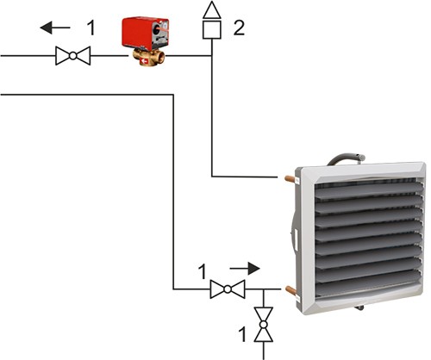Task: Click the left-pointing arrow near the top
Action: pyautogui.click(x=55, y=28)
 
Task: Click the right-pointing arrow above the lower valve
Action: pyautogui.click(x=245, y=269)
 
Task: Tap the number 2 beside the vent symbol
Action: pyautogui.click(x=239, y=28)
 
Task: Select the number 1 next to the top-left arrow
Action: pyautogui.click(x=91, y=28)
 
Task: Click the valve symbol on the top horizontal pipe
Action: pyautogui.click(x=73, y=56)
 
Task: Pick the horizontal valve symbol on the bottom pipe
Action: pyautogui.click(x=228, y=289)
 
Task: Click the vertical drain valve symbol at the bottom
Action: pyautogui.click(x=264, y=325)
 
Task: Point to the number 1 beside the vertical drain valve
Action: pyautogui.click(x=242, y=335)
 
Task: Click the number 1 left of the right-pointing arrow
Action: pyautogui.click(x=203, y=271)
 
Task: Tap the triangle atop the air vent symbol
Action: pyautogui.click(x=212, y=10)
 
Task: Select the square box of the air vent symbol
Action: pyautogui.click(x=212, y=29)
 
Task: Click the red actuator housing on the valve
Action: pyautogui.click(x=145, y=34)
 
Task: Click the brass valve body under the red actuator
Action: pyautogui.click(x=148, y=58)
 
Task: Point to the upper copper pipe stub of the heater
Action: pyautogui.click(x=290, y=178)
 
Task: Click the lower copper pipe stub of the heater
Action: pyautogui.click(x=290, y=290)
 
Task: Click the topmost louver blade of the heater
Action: pyautogui.click(x=369, y=190)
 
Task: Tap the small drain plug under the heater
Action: pyautogui.click(x=359, y=308)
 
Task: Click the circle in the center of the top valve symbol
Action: pyautogui.click(x=73, y=56)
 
